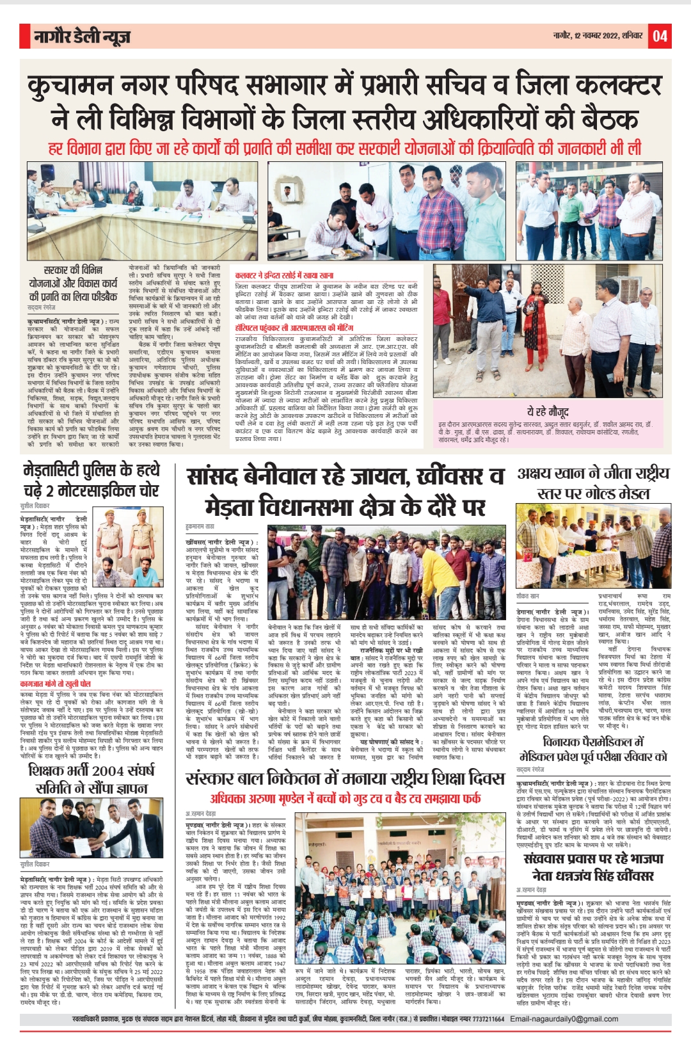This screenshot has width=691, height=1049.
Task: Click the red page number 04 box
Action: (x=660, y=36)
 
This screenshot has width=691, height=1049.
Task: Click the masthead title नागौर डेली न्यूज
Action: (x=83, y=37)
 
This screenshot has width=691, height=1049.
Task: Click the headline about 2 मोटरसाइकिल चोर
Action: (x=91, y=480)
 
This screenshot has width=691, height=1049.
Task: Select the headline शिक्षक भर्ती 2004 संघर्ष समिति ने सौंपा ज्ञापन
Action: (x=91, y=779)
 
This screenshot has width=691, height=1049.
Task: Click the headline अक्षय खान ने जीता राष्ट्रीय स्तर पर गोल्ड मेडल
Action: (x=593, y=483)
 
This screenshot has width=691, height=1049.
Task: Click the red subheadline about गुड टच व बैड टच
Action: (x=345, y=798)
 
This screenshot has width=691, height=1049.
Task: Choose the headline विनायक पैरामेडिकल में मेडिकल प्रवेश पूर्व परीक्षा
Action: (x=593, y=749)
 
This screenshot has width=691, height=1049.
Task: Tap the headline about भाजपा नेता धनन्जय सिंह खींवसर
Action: (x=593, y=867)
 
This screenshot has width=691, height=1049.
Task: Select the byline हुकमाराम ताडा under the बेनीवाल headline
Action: (x=200, y=526)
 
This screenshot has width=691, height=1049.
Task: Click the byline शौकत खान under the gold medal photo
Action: (x=528, y=596)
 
